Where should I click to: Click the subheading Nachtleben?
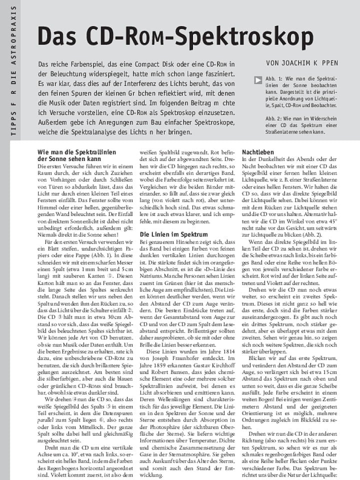[257, 151]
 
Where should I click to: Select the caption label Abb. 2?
[274, 118]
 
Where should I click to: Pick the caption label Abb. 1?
[274, 79]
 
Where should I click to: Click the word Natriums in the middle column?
[153, 281]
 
